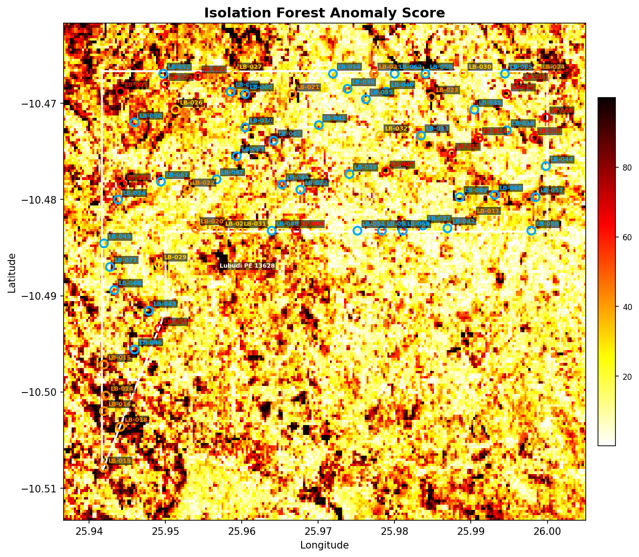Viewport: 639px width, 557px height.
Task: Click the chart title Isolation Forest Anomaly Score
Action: pos(324,13)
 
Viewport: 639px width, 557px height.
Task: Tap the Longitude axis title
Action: pos(324,545)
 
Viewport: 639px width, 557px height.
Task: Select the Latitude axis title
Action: pos(12,272)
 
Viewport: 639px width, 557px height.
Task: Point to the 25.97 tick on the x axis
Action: pos(318,531)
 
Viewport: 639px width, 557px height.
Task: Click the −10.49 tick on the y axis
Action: pos(41,296)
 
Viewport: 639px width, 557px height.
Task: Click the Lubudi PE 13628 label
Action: pos(247,266)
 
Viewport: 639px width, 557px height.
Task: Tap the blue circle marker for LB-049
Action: pos(104,243)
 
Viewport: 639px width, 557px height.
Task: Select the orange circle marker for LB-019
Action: pos(104,467)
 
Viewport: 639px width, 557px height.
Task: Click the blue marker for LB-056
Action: pos(531,230)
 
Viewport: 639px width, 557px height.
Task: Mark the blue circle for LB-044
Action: pos(546,166)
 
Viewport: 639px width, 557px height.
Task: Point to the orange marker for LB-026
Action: pos(175,109)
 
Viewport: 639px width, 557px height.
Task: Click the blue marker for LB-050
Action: pos(134,122)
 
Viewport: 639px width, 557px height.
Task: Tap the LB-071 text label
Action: pos(125,260)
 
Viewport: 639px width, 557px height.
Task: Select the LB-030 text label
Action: pos(480,67)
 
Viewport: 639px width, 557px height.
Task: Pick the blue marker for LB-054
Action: pos(333,74)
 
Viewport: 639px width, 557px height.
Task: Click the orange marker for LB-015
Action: pos(104,364)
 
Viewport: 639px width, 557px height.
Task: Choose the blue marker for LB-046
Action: pos(134,349)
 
